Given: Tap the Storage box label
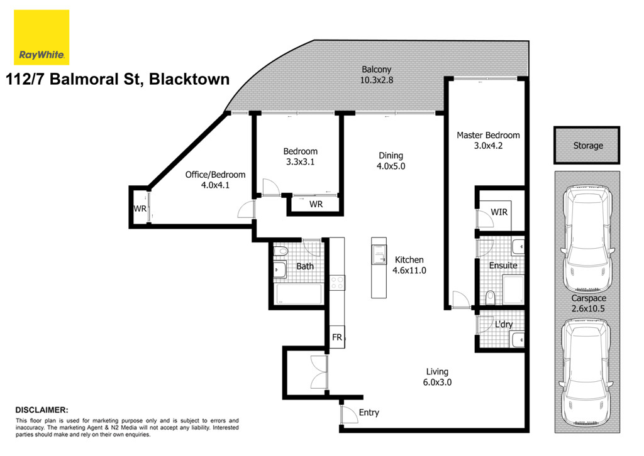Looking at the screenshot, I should (587, 146).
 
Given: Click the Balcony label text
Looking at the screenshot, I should (377, 69).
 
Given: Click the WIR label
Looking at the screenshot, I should (499, 212).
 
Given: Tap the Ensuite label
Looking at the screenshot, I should (503, 265).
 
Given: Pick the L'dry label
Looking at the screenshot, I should (503, 325).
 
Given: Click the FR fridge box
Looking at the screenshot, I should (337, 338).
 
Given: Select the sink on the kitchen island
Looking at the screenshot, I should (379, 254).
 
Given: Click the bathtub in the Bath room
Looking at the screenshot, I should (299, 295).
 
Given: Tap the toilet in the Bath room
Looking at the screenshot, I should (282, 251).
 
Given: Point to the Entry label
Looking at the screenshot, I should (369, 413).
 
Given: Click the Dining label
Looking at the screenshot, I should (391, 156).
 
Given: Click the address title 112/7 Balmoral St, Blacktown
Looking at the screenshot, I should (118, 80).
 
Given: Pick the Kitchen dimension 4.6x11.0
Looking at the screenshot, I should (409, 271).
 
